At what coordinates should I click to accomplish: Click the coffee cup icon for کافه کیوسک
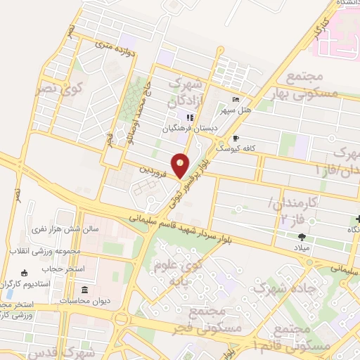[236, 139]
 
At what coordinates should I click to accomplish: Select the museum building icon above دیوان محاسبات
[84, 290]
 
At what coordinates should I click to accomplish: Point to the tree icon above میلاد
[302, 237]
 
